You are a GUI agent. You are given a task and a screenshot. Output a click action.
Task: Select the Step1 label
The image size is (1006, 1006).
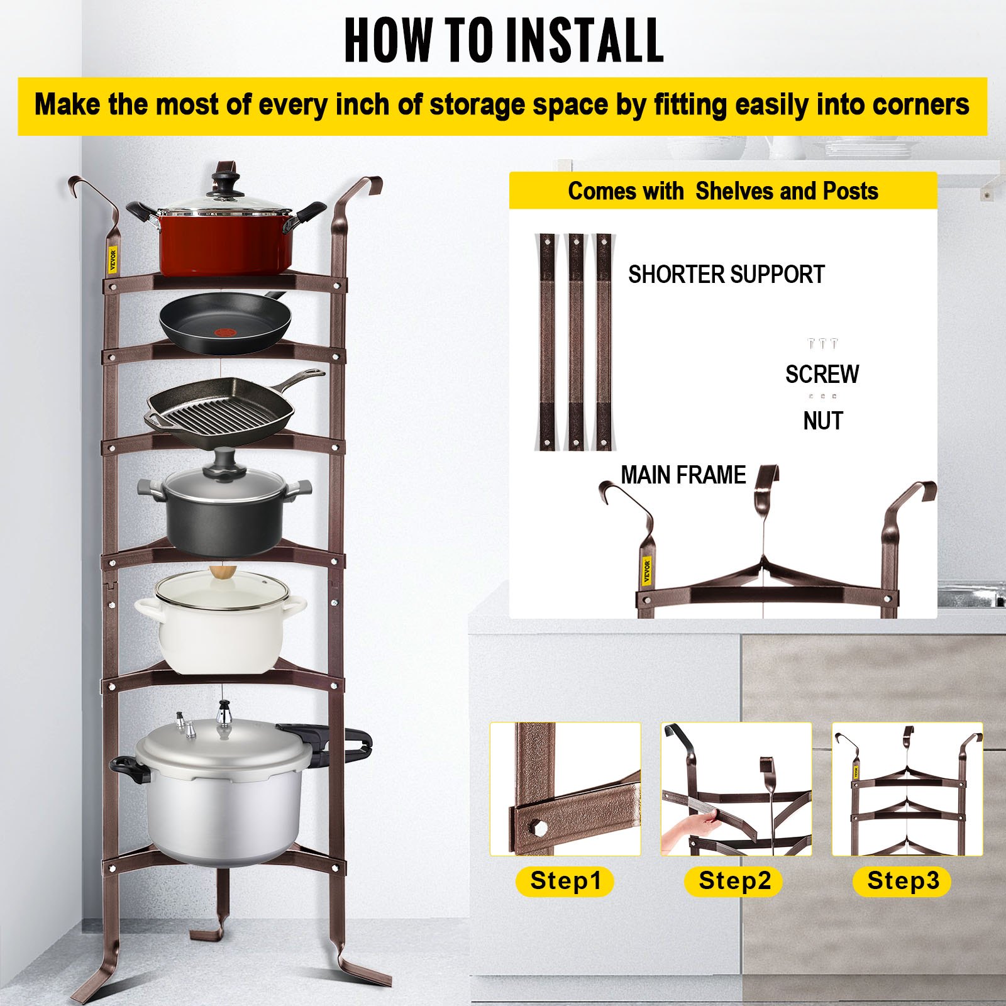click(565, 880)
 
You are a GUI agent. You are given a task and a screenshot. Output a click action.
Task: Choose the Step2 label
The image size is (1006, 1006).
click(734, 880)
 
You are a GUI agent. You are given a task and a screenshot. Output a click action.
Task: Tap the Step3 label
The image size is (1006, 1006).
click(902, 880)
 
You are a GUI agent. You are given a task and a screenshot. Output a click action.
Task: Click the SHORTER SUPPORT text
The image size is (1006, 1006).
click(726, 275)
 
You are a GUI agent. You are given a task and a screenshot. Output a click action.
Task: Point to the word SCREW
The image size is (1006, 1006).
click(821, 374)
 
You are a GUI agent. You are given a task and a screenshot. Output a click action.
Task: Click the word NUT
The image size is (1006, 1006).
click(822, 421)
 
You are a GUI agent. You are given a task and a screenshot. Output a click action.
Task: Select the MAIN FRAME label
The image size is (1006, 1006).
click(683, 475)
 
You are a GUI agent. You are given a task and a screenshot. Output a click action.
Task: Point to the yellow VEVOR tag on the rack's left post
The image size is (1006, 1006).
click(113, 258)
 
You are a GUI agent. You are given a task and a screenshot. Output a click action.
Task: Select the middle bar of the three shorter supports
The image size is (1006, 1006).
click(575, 343)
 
